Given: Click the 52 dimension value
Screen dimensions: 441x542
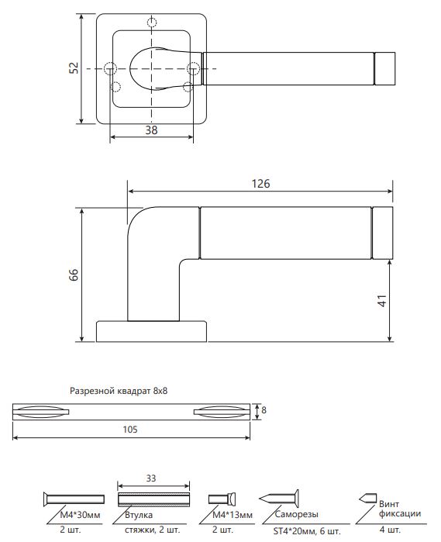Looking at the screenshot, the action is click(x=74, y=67).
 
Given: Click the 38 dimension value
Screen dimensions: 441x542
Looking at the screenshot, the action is click(x=151, y=130).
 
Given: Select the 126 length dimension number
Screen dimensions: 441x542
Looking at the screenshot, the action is click(x=260, y=184).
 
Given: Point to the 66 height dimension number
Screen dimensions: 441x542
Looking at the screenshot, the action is click(x=74, y=274).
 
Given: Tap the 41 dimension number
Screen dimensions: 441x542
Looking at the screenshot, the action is click(x=382, y=301).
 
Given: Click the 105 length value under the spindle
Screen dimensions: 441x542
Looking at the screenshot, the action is click(x=130, y=430).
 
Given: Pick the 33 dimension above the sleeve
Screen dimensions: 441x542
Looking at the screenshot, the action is click(x=151, y=478).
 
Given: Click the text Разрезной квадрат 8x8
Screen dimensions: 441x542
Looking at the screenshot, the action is click(x=119, y=391).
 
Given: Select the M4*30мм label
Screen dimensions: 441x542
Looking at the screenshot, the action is click(x=80, y=515).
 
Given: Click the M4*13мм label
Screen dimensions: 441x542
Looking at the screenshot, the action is click(x=233, y=515).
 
